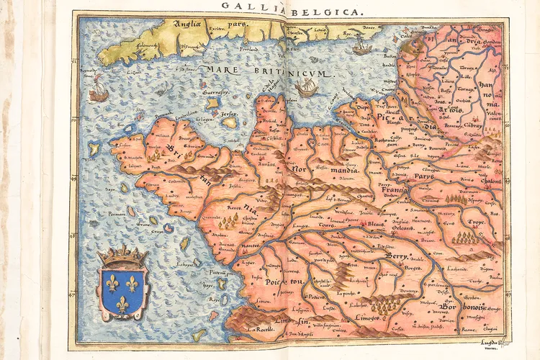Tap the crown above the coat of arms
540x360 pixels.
(122, 255)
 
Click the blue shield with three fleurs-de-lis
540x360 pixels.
(122, 291)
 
